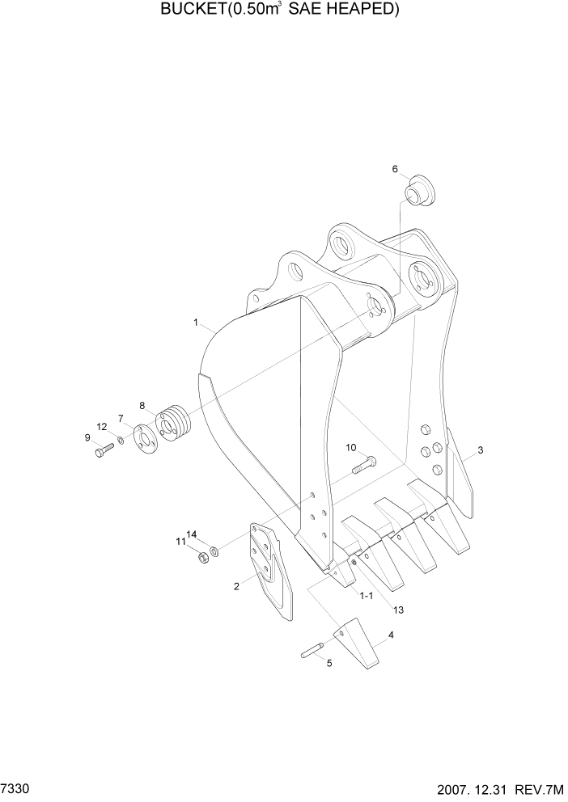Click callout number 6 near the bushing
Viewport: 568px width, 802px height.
click(395, 169)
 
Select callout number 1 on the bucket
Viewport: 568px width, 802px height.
click(196, 322)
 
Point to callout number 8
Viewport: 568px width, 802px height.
click(142, 405)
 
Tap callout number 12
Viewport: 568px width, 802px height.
click(101, 426)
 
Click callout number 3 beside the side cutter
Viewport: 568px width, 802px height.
click(480, 450)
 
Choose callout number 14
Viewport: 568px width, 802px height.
click(192, 534)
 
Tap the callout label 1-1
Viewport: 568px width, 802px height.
click(366, 595)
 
